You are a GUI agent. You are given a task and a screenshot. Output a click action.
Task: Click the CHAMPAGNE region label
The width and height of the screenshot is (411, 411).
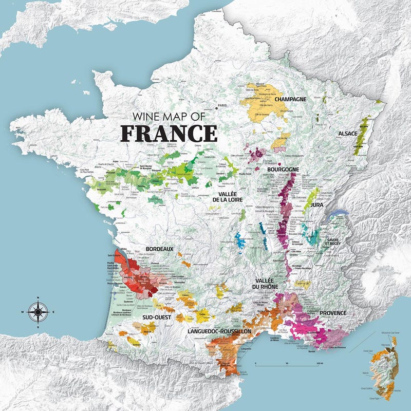(x=290, y=99)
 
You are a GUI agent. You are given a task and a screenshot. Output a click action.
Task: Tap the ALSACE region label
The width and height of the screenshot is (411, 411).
(x=348, y=134)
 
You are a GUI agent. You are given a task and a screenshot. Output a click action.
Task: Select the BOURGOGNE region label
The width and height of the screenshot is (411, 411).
(x=283, y=169)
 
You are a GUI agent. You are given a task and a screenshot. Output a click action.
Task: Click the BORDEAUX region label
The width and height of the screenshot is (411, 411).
(x=160, y=249)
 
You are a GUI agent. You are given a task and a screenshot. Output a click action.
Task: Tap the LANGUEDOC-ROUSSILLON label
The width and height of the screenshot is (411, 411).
(x=220, y=332)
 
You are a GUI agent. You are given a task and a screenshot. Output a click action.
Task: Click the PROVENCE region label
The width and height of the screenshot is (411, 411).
(x=333, y=312)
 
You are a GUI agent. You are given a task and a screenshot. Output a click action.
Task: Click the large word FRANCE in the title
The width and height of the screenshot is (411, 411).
(x=169, y=133)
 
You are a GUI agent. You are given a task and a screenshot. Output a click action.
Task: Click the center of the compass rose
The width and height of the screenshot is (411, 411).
(x=39, y=311)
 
